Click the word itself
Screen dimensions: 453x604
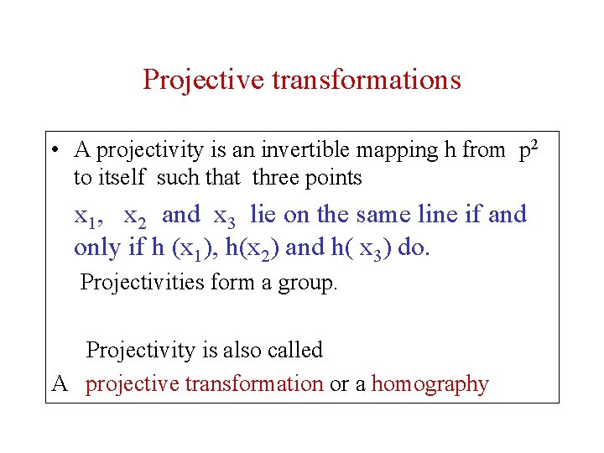[121, 178]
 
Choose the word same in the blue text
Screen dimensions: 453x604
[388, 215]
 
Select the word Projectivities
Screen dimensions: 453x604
[143, 282]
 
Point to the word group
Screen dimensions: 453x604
[310, 283]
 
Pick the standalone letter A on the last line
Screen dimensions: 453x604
[60, 384]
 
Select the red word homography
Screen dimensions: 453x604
[430, 385]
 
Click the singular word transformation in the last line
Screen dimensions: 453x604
[253, 384]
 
